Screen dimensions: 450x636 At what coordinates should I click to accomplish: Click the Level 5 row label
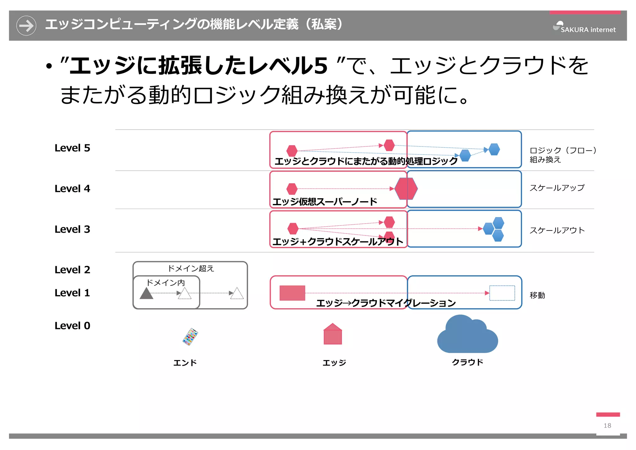coord(72,148)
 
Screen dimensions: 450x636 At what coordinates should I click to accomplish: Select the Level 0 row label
coord(72,326)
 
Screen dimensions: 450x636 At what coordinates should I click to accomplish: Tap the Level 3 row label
coord(72,229)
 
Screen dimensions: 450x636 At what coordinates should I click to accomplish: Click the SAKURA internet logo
coord(584,28)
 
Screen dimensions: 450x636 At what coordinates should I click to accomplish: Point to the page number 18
coord(607,425)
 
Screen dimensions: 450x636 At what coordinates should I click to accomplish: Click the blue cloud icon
coord(467,335)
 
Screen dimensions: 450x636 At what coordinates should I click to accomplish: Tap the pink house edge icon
coord(333,334)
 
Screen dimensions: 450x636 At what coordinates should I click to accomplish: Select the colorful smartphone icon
coord(190,337)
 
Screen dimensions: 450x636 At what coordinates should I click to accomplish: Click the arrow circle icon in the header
coord(26,26)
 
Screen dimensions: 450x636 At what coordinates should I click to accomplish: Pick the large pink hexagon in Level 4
coord(406,188)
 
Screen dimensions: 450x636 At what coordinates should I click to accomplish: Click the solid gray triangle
coord(146,293)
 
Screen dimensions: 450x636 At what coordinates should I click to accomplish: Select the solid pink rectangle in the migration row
coord(292,293)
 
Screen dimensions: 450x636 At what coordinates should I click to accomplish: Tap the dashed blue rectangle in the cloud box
coord(502,293)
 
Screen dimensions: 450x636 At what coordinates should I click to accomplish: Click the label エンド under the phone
coord(185,363)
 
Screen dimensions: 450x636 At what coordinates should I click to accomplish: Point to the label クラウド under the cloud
coord(467,362)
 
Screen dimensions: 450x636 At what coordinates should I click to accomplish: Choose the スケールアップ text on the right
coord(557,188)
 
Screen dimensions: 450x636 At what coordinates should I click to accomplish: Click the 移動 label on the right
coord(537,295)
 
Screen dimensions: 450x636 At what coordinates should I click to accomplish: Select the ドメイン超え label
coord(191,268)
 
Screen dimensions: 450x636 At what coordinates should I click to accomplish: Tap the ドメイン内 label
coord(166,283)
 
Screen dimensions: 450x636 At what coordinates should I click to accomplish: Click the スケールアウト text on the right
coord(557,230)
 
